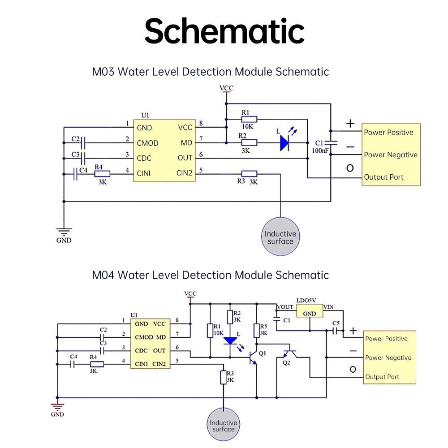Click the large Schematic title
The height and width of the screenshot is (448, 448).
(x=224, y=31)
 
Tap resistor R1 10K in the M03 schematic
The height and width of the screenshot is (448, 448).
(x=249, y=119)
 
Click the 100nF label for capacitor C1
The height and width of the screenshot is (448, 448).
(x=321, y=151)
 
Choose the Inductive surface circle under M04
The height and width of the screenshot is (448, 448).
(x=223, y=426)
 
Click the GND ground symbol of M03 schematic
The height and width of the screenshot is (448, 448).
(x=64, y=233)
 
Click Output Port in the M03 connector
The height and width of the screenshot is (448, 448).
(x=383, y=177)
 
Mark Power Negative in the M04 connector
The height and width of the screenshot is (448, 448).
(x=388, y=358)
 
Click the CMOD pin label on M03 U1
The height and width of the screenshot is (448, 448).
(x=147, y=143)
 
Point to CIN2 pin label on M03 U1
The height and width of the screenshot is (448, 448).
(x=185, y=173)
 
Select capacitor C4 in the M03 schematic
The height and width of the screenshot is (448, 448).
(x=75, y=174)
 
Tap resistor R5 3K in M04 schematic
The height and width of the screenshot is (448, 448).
(x=257, y=331)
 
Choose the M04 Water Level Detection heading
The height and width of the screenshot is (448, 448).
(x=211, y=275)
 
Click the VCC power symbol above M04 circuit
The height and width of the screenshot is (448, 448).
(x=190, y=295)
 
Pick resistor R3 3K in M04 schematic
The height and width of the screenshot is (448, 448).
(x=223, y=377)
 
